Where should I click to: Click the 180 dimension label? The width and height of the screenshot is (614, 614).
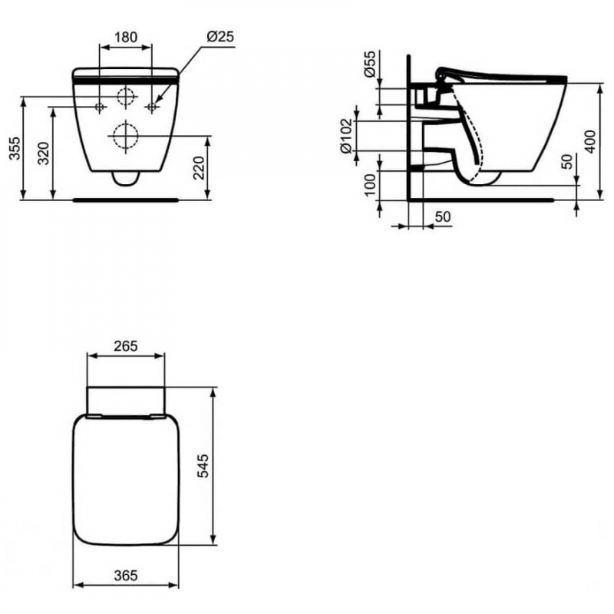tap(126, 37)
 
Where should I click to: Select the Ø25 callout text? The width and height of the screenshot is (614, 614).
tap(220, 36)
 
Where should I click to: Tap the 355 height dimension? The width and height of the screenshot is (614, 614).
tap(15, 148)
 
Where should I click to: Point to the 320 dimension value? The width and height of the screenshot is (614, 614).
tap(44, 153)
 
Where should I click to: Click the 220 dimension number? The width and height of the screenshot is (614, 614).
tap(199, 167)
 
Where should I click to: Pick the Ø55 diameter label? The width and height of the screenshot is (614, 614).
tap(370, 64)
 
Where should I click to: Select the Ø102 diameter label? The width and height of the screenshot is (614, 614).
tap(347, 136)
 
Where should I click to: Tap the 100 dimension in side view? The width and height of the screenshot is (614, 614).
tap(370, 184)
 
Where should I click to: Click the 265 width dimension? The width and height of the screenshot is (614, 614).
tap(126, 346)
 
